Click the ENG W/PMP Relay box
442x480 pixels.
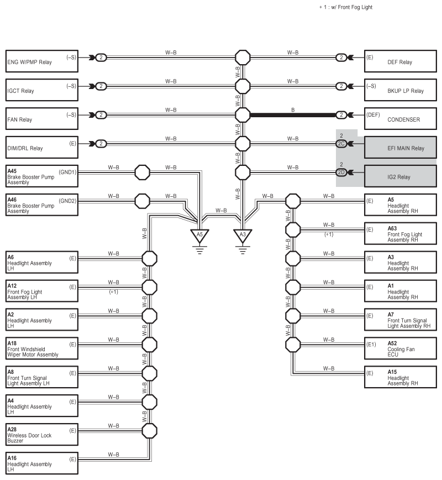(42, 61)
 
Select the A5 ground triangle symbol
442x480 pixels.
(199, 236)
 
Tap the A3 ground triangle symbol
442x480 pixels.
(243, 236)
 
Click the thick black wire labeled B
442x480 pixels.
(293, 115)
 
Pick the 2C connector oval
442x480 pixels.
(341, 144)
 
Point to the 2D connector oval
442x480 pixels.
(341, 173)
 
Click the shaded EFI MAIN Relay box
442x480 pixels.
(401, 148)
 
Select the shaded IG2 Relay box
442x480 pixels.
(401, 176)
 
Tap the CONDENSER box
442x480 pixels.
(401, 119)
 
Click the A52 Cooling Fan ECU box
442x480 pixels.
(401, 348)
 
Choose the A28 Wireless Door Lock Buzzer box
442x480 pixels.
(42, 435)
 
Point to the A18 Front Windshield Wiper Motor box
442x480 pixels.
(42, 348)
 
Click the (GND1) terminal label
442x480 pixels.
(67, 173)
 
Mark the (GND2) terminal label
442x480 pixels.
(67, 201)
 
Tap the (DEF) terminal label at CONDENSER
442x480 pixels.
(373, 115)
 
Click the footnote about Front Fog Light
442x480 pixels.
(346, 7)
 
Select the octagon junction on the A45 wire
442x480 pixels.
(143, 173)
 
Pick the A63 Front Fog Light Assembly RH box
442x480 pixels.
(401, 233)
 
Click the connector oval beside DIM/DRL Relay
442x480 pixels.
(101, 144)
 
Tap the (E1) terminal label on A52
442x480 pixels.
(371, 345)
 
